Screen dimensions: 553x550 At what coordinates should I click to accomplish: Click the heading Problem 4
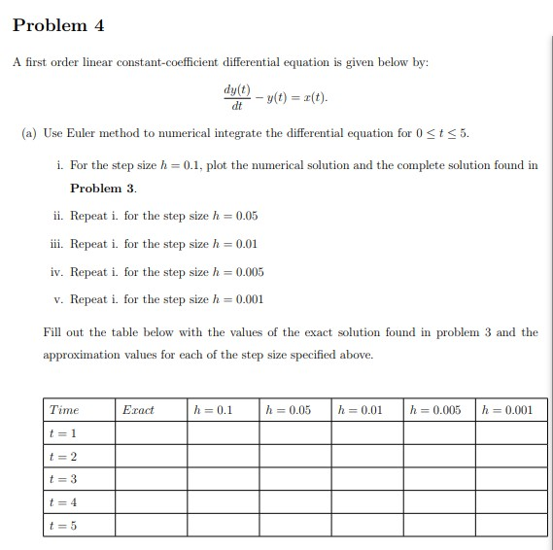click(x=59, y=24)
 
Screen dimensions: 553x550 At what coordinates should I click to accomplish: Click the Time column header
click(x=64, y=410)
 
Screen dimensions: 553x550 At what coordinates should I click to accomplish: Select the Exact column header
click(x=138, y=410)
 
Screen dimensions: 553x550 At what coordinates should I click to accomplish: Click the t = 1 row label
click(x=59, y=433)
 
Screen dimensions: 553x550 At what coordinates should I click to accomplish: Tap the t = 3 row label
click(x=59, y=480)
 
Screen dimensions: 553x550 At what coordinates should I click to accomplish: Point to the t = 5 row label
click(x=59, y=526)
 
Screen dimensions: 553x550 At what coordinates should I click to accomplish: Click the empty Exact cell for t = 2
click(x=151, y=457)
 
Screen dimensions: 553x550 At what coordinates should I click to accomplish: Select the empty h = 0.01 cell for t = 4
click(x=367, y=503)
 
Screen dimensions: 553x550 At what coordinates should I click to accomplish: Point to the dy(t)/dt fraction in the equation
click(x=236, y=98)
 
